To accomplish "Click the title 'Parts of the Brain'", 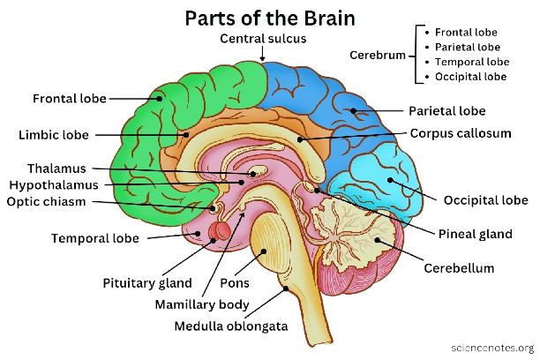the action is click(270, 19).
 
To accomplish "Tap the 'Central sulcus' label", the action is click(263, 39).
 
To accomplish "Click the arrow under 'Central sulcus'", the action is click(262, 54).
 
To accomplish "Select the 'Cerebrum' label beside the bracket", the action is click(378, 55).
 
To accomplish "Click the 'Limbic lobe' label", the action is click(54, 135).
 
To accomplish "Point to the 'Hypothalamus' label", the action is click(54, 185).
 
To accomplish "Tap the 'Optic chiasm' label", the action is click(46, 201).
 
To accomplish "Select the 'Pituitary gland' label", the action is click(147, 283).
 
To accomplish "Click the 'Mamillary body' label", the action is click(202, 305).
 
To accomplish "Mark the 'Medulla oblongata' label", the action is click(231, 326).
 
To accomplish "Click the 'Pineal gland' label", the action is click(476, 234).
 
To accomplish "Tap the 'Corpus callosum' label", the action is click(461, 133).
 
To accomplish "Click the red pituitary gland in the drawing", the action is click(220, 231).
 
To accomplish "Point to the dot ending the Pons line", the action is click(264, 251).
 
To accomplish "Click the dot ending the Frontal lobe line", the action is click(160, 99).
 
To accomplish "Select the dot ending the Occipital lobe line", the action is click(390, 180).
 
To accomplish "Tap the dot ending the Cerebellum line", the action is click(377, 240).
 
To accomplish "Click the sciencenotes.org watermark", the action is click(492, 348).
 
